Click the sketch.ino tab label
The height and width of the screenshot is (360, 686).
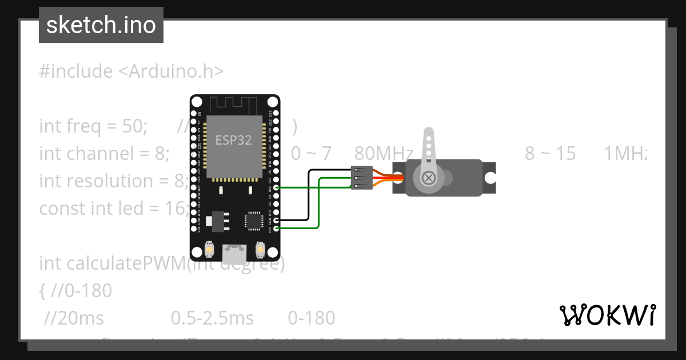[x=101, y=25]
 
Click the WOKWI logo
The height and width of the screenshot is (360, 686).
[x=608, y=315]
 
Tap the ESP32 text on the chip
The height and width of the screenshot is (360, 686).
[x=233, y=140]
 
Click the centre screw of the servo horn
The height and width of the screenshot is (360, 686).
[x=428, y=178]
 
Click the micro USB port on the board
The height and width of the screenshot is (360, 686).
[x=234, y=250]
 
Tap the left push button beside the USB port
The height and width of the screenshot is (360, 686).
[x=210, y=250]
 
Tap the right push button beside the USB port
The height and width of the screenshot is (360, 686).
[x=260, y=250]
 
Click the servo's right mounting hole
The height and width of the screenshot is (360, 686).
[x=490, y=178]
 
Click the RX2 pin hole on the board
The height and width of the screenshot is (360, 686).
[x=277, y=187]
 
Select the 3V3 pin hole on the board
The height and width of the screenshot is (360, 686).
[x=277, y=228]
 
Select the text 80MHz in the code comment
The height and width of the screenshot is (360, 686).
[x=384, y=153]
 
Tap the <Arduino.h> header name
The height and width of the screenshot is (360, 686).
[x=171, y=71]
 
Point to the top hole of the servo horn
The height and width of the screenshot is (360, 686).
[x=428, y=138]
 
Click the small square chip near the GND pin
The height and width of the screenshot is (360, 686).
[x=253, y=222]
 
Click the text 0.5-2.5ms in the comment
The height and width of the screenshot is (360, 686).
[x=212, y=318]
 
